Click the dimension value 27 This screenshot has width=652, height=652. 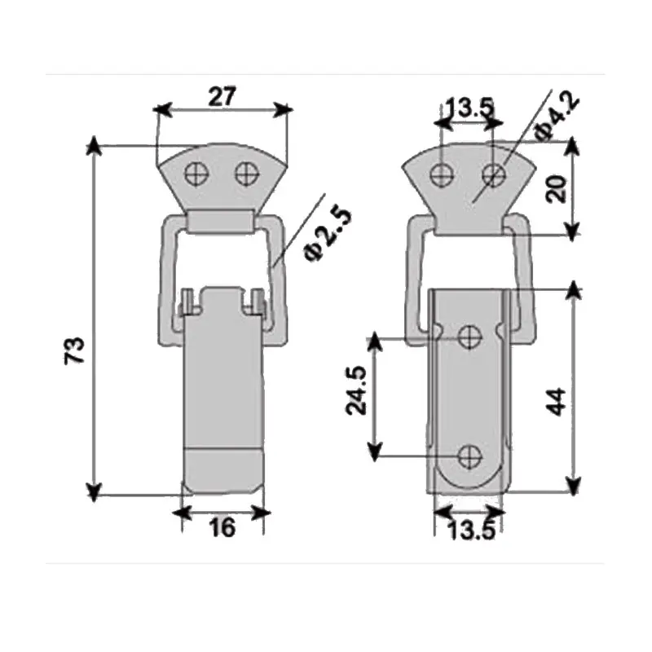[x=222, y=96]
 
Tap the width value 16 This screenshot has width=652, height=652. [x=222, y=528]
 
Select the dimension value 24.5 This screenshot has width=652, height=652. [x=356, y=390]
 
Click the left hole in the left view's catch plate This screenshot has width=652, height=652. [x=196, y=173]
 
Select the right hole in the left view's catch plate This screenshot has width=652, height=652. [x=245, y=173]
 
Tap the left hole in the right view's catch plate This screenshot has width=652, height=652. [x=442, y=173]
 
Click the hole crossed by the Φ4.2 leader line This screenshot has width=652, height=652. [x=492, y=174]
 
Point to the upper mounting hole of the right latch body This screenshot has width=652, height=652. [x=469, y=336]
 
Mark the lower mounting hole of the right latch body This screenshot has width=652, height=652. [x=469, y=456]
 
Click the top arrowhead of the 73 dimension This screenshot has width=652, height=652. [x=95, y=146]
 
